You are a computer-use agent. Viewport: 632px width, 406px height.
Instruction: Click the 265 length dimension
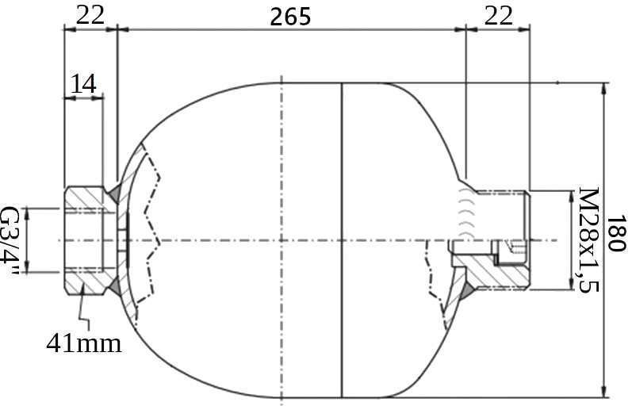[x=289, y=16]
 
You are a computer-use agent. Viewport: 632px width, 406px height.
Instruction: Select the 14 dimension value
[x=85, y=83]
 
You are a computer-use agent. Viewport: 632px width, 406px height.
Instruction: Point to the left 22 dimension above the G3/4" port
[x=90, y=16]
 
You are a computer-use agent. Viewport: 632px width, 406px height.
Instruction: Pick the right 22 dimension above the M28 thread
[x=498, y=16]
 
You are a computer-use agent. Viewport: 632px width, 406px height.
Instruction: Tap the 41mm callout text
[x=83, y=343]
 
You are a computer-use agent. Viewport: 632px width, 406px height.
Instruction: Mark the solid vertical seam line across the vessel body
[x=341, y=159]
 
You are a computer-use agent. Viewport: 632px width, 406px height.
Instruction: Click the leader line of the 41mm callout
[x=87, y=313]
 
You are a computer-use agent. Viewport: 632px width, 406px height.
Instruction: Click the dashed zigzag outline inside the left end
[x=151, y=238]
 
